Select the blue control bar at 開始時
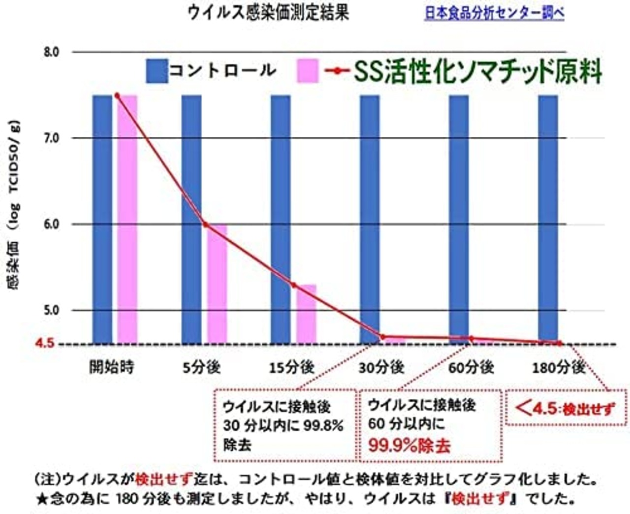point(102,219)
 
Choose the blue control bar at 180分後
point(548,219)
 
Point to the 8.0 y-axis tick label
point(51,52)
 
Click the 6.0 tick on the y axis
point(51,225)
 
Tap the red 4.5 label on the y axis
point(45,343)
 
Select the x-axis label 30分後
point(381,367)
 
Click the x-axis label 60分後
point(471,367)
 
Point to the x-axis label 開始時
point(112,367)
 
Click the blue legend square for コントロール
point(157,71)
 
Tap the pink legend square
point(308,71)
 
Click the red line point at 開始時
point(117,95)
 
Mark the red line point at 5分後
point(205,225)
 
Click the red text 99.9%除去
point(409,446)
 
